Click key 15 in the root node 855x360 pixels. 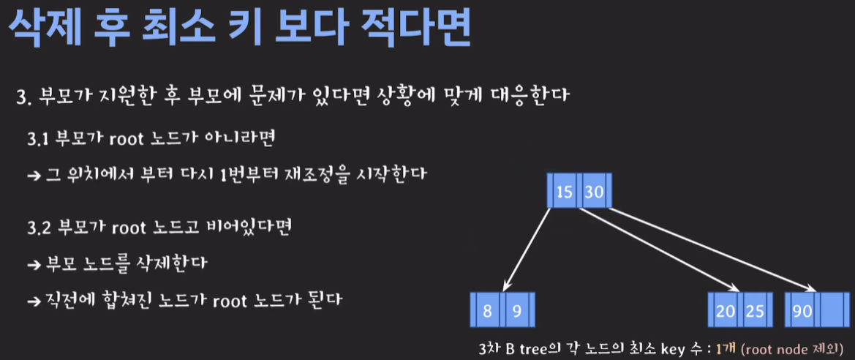[x=565, y=192]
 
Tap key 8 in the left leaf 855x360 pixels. [x=488, y=310]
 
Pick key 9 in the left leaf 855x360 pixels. [x=516, y=310]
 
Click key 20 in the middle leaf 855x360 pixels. [x=726, y=310]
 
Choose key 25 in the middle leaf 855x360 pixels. [x=754, y=310]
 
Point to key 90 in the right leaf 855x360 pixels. [x=802, y=310]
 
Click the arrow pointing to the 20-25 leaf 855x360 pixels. [x=658, y=249]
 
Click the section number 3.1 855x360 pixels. [x=38, y=139]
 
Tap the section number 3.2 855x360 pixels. [x=39, y=227]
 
